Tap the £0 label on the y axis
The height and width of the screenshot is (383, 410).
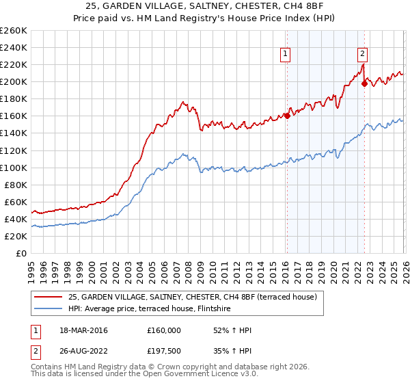[x=20, y=253]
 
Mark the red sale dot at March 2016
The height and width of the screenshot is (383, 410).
[x=287, y=116]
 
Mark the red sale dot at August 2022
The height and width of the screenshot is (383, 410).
[x=364, y=83]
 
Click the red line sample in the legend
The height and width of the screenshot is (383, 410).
[x=49, y=298]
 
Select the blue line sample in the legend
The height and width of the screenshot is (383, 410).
[x=49, y=309]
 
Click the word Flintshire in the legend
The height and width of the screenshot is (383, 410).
[x=217, y=309]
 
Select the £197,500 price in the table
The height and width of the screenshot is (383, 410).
[x=164, y=352]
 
